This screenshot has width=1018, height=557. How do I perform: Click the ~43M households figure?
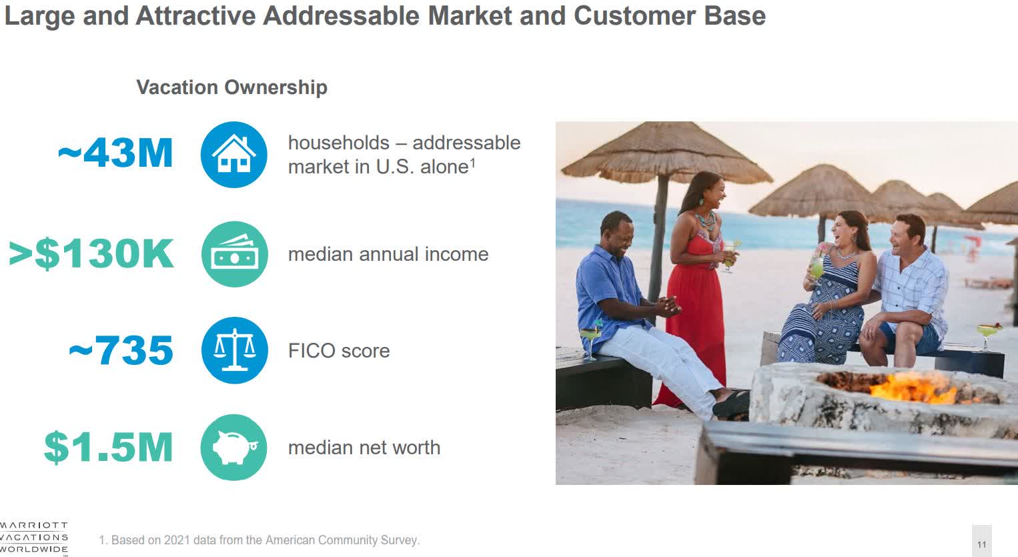pyautogui.click(x=115, y=153)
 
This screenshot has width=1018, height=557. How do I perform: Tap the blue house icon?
pyautogui.click(x=233, y=155)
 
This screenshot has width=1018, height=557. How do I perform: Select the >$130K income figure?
pyautogui.click(x=91, y=254)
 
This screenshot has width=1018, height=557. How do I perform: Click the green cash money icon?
pyautogui.click(x=235, y=254)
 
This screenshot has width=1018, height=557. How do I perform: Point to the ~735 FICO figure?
pyautogui.click(x=121, y=350)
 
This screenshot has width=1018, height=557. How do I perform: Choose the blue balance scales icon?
pyautogui.click(x=235, y=350)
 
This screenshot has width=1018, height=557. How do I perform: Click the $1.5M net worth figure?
pyautogui.click(x=108, y=448)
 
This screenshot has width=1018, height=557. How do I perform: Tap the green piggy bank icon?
pyautogui.click(x=233, y=448)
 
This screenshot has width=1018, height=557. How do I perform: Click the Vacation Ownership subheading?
pyautogui.click(x=231, y=87)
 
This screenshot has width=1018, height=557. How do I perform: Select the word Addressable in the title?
pyautogui.click(x=342, y=15)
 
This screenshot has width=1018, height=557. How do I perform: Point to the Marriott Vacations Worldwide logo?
pyautogui.click(x=33, y=538)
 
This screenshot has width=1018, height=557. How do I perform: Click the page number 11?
pyautogui.click(x=982, y=544)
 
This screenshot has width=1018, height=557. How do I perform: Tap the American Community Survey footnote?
pyautogui.click(x=259, y=540)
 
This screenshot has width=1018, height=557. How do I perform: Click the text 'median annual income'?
pyautogui.click(x=388, y=254)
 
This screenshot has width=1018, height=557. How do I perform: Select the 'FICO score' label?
pyautogui.click(x=339, y=351)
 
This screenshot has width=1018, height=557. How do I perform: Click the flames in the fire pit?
pyautogui.click(x=905, y=388)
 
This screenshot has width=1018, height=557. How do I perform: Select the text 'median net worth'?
pyautogui.click(x=364, y=448)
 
